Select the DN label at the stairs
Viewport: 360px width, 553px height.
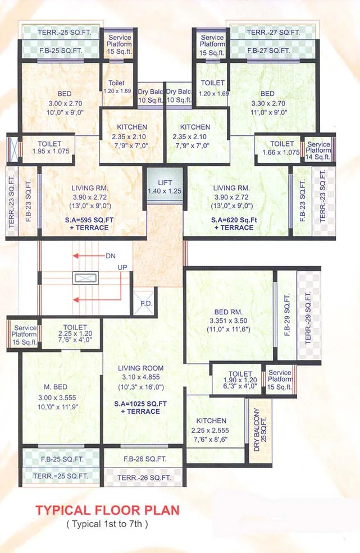(110, 256)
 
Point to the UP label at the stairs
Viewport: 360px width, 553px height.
(122, 268)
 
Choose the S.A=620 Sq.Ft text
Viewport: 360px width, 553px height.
(233, 220)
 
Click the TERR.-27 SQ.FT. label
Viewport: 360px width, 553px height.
(274, 33)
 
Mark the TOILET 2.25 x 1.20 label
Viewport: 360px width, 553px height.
(75, 331)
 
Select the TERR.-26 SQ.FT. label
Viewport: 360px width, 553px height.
(144, 478)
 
